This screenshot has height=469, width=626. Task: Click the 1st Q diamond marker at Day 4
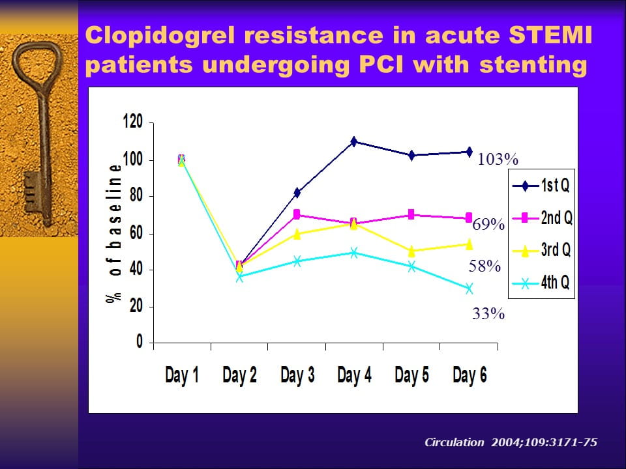click(353, 141)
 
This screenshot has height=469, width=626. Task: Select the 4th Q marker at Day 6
click(469, 289)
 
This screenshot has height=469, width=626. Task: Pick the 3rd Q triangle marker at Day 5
click(411, 251)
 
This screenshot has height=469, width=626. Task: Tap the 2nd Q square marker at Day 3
click(297, 214)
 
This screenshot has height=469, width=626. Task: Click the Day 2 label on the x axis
click(239, 376)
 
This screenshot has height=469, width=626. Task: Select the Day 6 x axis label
click(469, 376)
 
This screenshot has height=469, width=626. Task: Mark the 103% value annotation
click(498, 160)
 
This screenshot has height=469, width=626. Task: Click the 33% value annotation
click(488, 315)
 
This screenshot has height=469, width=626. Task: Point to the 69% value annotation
click(488, 225)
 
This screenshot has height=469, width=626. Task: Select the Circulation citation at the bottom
click(510, 442)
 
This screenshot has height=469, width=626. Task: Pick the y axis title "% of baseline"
click(116, 231)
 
